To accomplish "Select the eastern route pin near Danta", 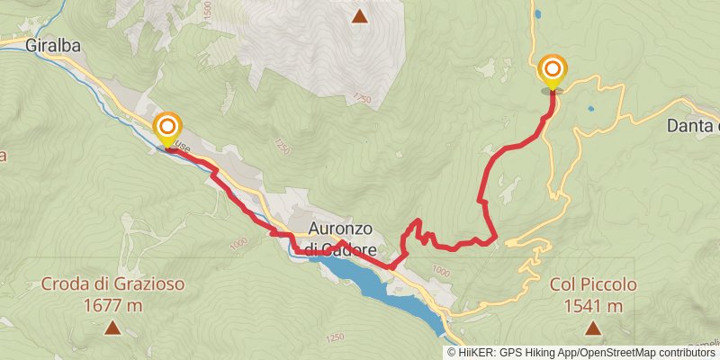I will point(552,71).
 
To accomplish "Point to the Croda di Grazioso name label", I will point(112,284).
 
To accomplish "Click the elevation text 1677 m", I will point(112,306).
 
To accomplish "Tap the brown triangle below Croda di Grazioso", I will point(112,328).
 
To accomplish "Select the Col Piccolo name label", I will point(594,284).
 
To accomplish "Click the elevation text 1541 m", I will point(594,306).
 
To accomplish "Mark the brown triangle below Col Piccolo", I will point(591,328).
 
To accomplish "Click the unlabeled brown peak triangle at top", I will point(360,15).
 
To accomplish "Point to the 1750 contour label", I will point(362,96).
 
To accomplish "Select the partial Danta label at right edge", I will point(693,126).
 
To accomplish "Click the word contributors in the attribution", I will point(688,352).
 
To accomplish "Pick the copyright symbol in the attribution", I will point(453,352).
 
